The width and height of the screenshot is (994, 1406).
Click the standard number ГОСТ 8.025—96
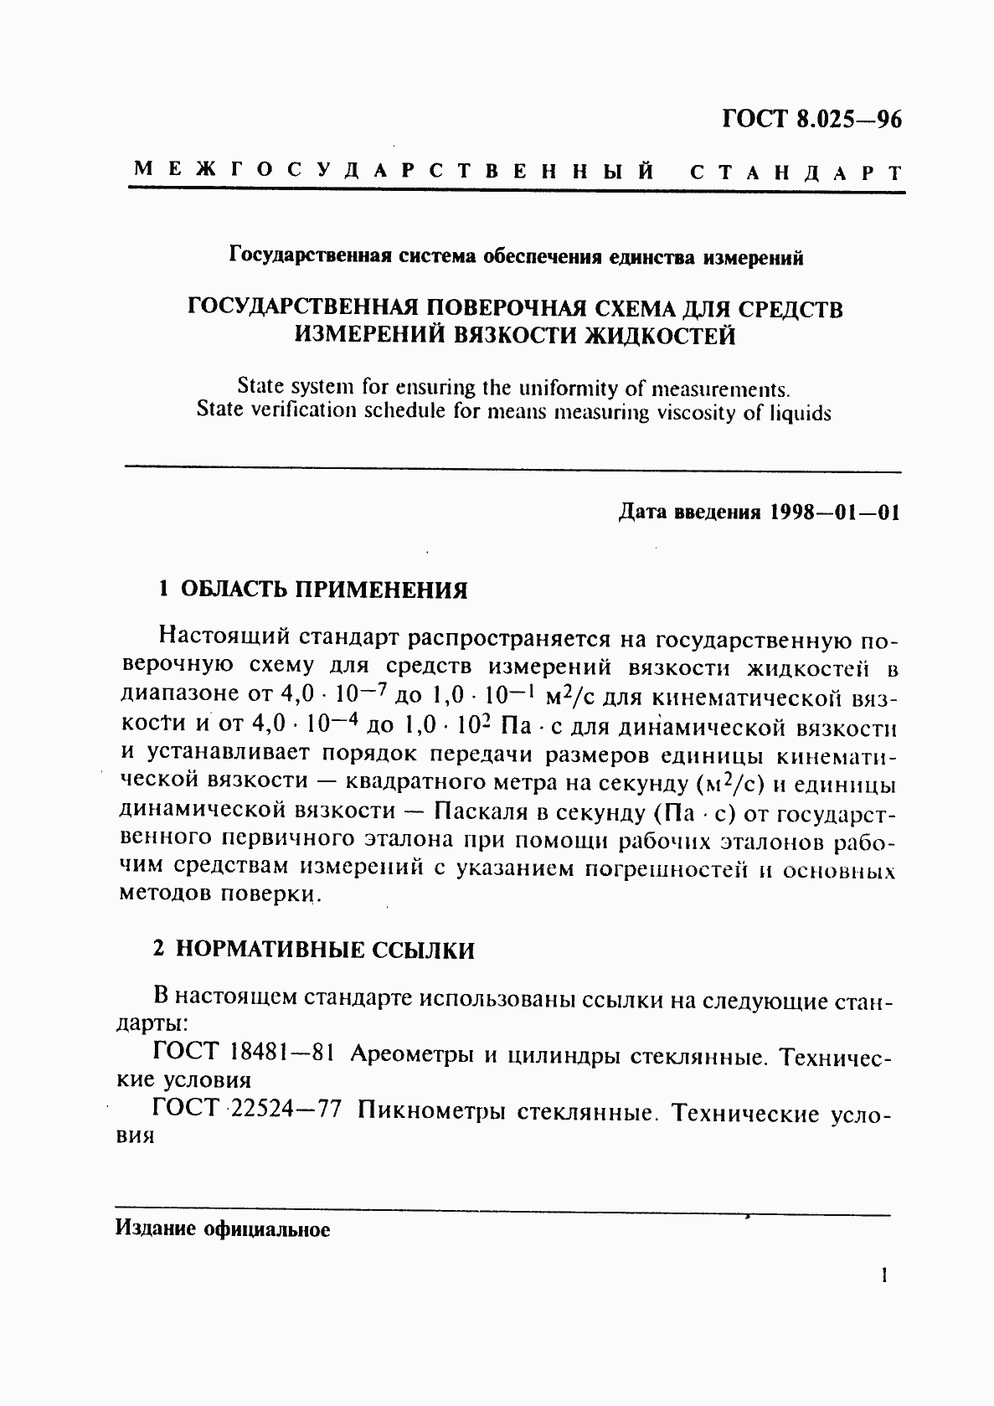click(x=811, y=118)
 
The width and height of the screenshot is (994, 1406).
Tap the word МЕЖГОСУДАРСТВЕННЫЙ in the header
click(x=393, y=171)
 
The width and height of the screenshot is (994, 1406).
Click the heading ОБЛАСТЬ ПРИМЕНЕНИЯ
click(x=324, y=590)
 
